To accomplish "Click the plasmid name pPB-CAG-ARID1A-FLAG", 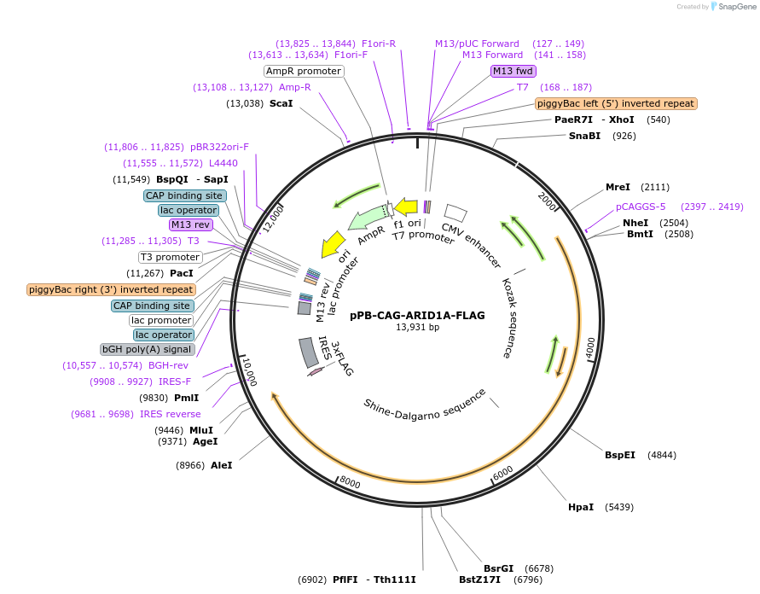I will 417,315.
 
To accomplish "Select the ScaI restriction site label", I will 281,103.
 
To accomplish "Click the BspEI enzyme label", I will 619,455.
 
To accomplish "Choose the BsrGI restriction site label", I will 498,568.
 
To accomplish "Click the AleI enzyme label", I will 221,465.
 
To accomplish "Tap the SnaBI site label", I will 584,136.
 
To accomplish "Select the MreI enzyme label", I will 617,187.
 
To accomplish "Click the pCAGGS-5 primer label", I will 641,207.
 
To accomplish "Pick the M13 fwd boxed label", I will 513,71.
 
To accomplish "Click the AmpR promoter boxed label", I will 303,71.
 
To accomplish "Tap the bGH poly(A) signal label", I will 148,349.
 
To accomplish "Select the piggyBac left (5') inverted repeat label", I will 616,103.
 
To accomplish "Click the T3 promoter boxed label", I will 171,257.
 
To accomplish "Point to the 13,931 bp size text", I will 417,327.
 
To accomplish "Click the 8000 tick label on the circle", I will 351,482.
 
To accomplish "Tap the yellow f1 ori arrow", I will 406,207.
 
